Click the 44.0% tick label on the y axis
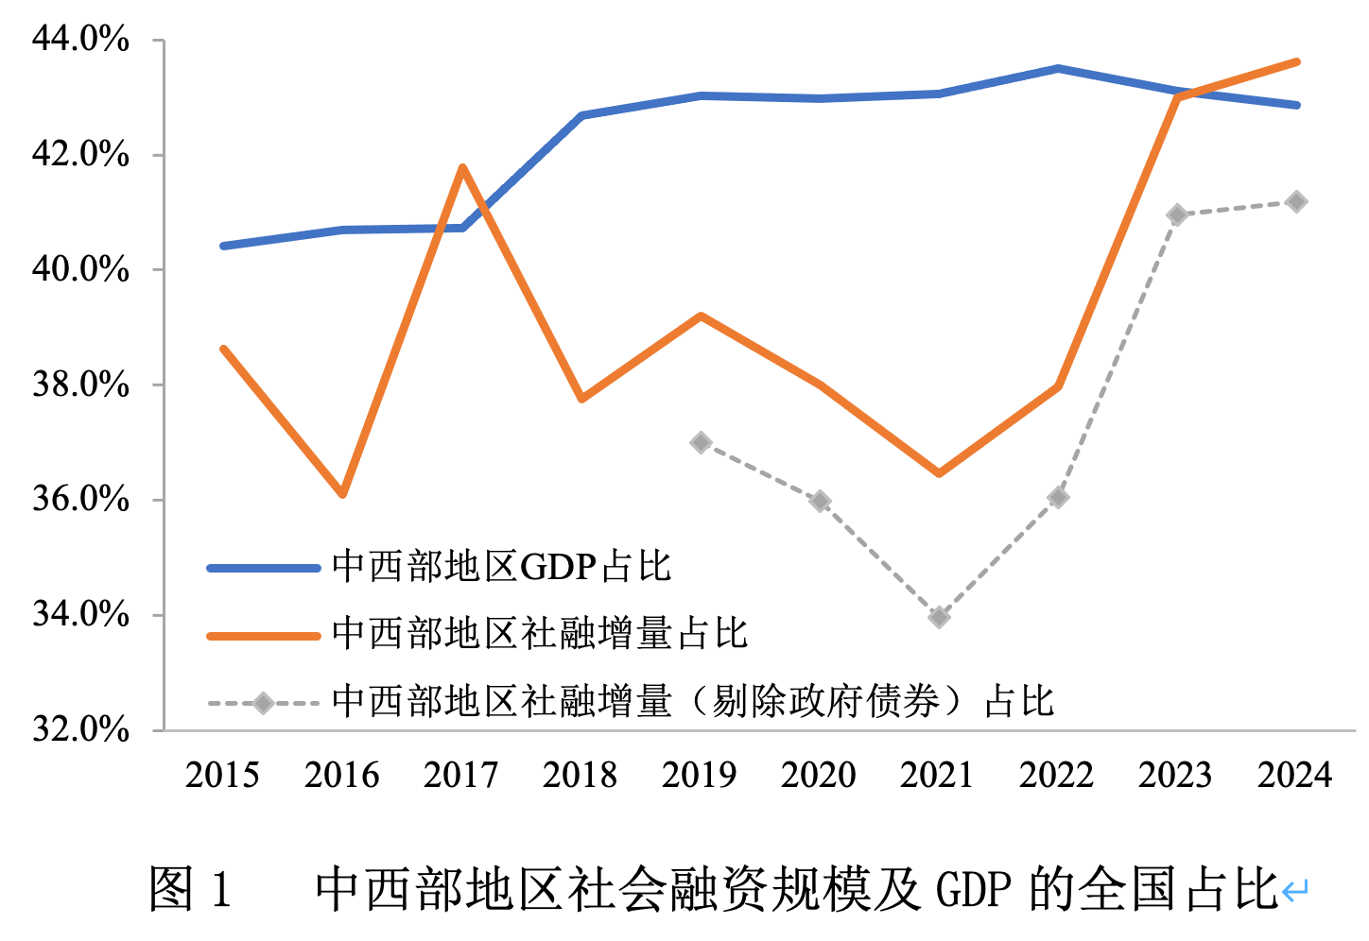click(80, 39)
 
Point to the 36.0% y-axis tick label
click(80, 498)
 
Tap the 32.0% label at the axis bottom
click(80, 728)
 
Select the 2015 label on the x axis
click(222, 776)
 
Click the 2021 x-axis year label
click(937, 776)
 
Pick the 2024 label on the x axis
click(1294, 776)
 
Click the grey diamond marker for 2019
click(701, 442)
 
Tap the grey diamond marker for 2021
click(939, 618)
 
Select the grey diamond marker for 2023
click(1177, 214)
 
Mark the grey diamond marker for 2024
click(1296, 201)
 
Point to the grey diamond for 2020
click(820, 501)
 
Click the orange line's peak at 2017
click(462, 168)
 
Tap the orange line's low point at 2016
click(343, 494)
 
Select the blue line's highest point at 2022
click(1058, 68)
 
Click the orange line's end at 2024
click(1297, 62)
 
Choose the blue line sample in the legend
click(264, 568)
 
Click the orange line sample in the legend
click(264, 636)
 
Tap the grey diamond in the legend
click(264, 703)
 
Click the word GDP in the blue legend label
click(558, 567)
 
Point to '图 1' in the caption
click(190, 889)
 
